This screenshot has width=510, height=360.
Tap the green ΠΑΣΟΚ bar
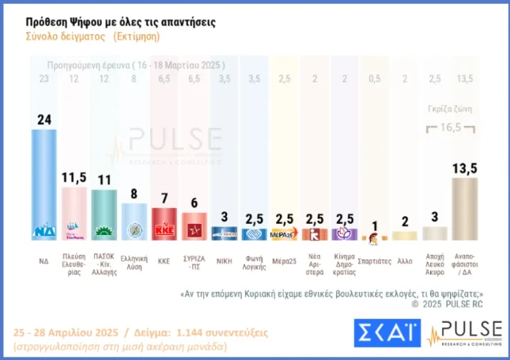(x=104, y=214)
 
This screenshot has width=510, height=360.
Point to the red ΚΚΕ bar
(x=164, y=223)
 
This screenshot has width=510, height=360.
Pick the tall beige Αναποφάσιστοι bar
(x=465, y=208)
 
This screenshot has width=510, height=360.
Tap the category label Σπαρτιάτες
(x=374, y=259)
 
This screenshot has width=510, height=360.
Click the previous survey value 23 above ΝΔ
(x=43, y=78)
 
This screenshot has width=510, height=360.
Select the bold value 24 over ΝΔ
(x=43, y=119)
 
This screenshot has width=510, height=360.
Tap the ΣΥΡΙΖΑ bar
(x=195, y=226)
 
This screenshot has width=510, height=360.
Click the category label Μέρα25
(x=284, y=259)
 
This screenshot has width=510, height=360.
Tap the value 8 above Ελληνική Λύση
(x=134, y=194)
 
